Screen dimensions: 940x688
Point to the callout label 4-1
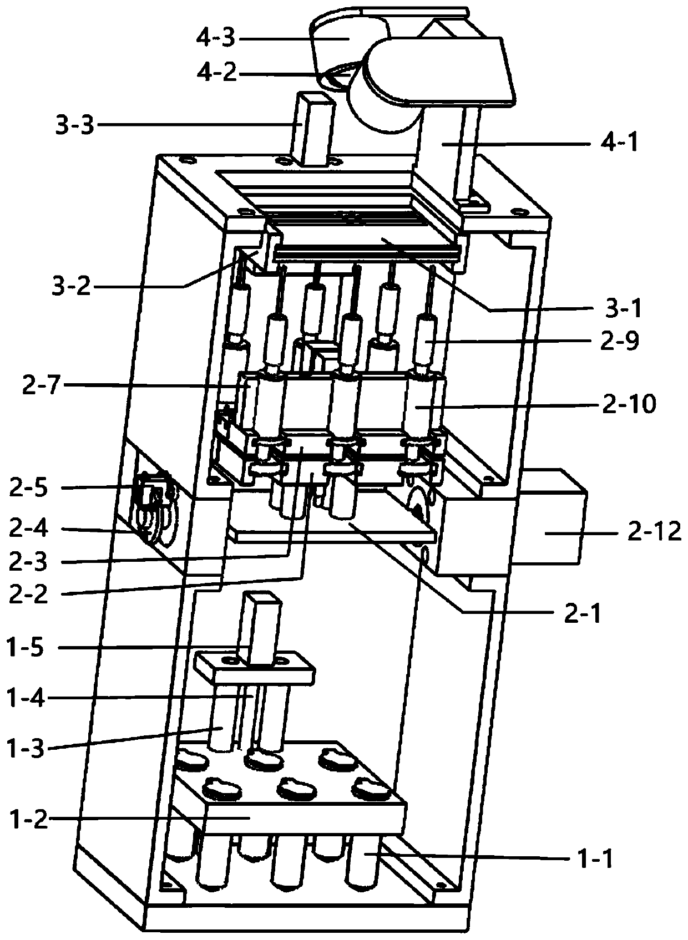pos(619,143)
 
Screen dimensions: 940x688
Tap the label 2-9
pos(620,341)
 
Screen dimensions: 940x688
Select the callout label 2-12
pos(652,532)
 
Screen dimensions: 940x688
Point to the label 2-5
pos(29,489)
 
